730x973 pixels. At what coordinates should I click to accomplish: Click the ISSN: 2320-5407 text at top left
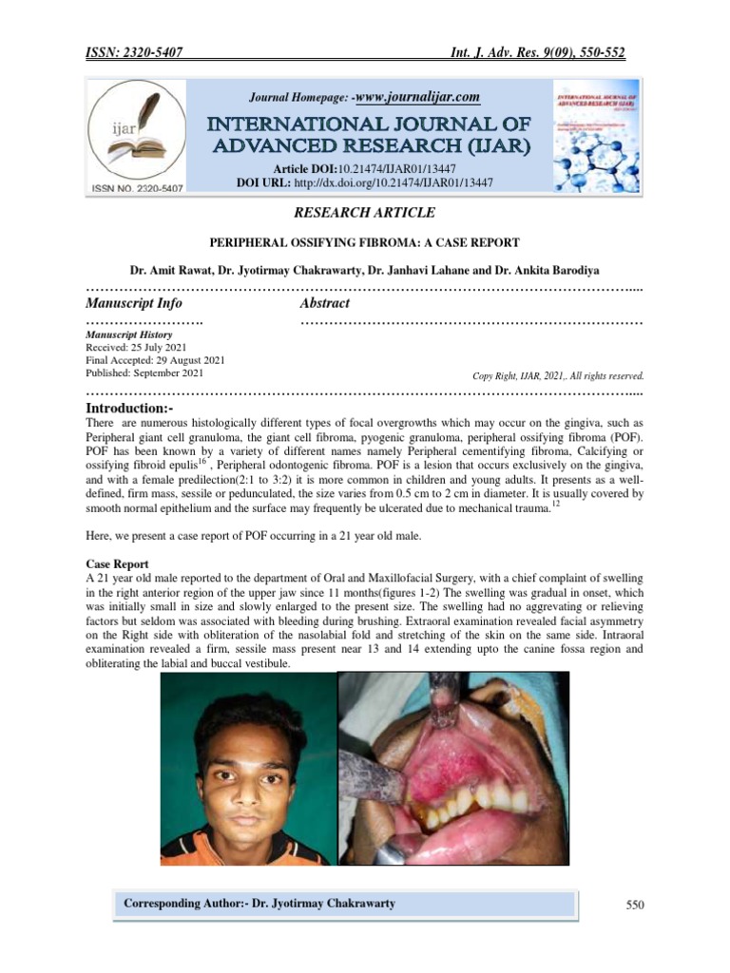[135, 53]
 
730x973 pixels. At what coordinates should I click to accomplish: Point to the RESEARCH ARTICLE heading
[366, 213]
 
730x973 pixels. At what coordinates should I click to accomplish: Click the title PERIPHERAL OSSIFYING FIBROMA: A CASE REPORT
[365, 243]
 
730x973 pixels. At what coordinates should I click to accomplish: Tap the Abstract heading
[324, 303]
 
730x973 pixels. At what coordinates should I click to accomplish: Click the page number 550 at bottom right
[635, 906]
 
